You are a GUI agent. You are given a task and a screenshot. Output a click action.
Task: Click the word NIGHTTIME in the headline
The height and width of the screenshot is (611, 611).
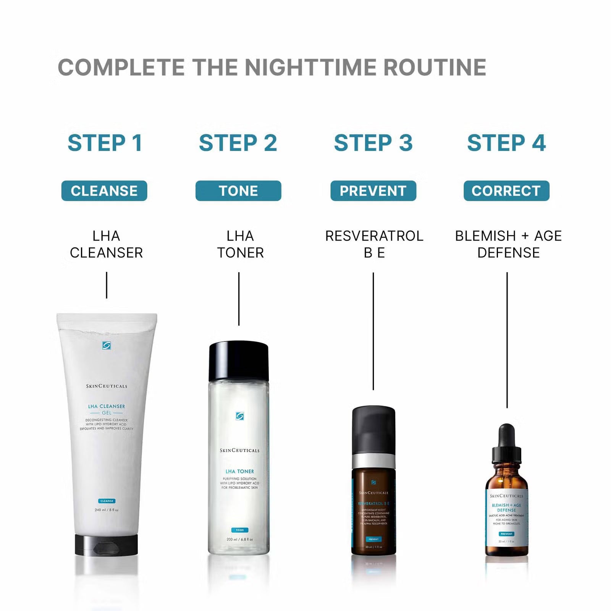point(311,68)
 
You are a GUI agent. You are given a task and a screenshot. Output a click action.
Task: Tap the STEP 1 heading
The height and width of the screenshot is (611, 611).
point(105,143)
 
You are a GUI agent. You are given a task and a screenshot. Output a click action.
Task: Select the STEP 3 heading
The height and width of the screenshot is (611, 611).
point(373,143)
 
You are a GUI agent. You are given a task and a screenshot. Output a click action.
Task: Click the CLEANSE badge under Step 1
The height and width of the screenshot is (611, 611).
point(104,191)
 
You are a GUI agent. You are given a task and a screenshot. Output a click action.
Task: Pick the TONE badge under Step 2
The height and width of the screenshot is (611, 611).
point(238,191)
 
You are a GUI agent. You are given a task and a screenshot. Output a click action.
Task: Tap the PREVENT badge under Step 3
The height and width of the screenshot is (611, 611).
point(373,191)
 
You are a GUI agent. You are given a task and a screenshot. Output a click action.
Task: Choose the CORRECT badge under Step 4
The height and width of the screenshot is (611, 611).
point(506,191)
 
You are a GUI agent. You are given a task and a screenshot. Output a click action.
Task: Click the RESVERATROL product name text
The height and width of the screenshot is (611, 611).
point(374,236)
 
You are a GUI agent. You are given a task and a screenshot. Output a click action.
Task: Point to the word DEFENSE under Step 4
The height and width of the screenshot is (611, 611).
point(508,253)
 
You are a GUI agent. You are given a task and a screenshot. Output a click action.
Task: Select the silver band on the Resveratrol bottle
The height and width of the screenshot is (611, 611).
point(373,461)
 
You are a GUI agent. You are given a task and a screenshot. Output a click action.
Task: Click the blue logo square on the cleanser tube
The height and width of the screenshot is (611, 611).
point(107,346)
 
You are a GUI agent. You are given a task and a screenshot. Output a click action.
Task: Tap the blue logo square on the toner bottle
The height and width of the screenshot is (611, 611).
point(239,416)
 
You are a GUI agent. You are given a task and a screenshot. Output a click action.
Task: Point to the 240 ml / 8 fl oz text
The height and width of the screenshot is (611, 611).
point(107,510)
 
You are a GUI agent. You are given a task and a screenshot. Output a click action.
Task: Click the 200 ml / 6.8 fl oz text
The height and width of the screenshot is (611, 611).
point(239,539)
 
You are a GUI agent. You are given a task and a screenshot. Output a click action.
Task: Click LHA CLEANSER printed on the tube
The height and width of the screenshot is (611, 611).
point(107,406)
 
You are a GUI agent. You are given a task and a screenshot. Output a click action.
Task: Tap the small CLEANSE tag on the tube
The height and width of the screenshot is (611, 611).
point(107,501)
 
